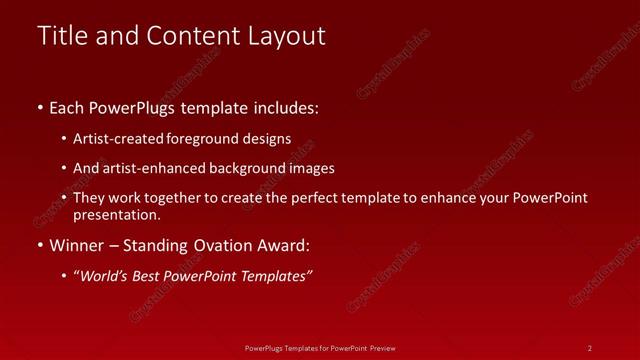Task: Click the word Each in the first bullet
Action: [67, 108]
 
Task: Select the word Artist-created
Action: [116, 139]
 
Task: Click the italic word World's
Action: [102, 276]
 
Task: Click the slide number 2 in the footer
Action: [590, 347]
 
